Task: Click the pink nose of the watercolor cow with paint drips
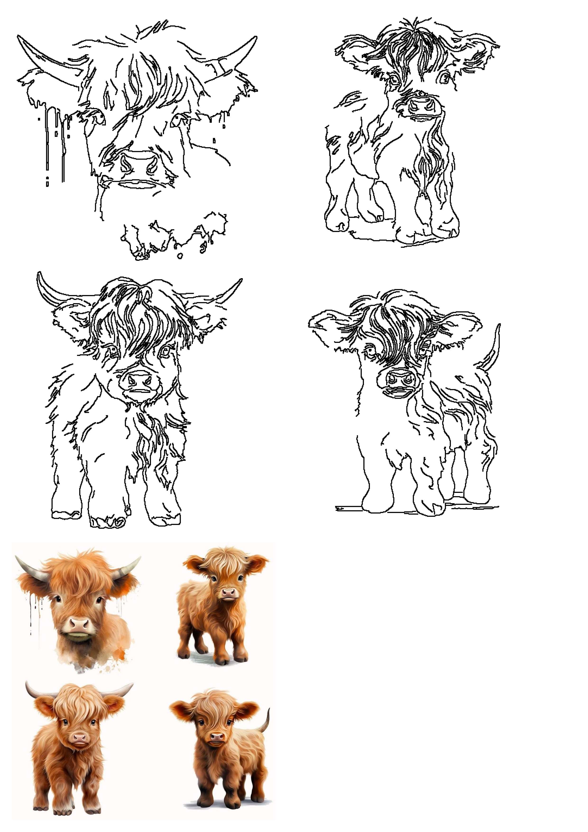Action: pyautogui.click(x=79, y=624)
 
